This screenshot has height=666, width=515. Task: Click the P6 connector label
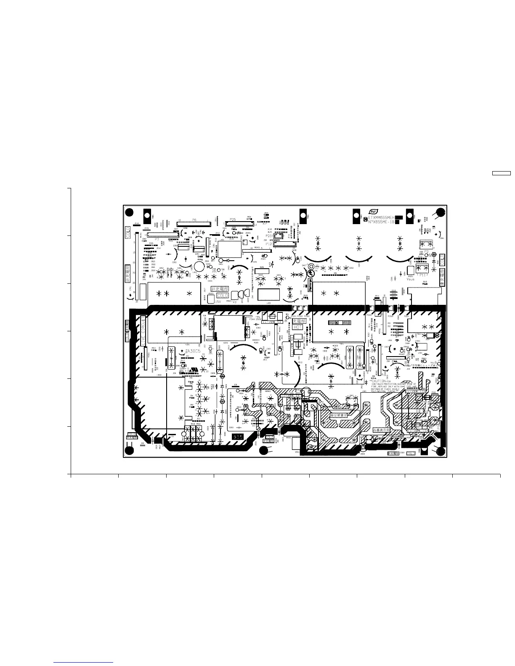click(194, 220)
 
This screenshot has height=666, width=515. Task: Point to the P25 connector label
click(233, 220)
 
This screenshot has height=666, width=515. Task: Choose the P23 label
click(269, 236)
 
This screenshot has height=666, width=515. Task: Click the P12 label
click(269, 243)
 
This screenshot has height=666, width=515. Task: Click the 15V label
click(218, 301)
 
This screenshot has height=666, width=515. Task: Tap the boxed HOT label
click(297, 327)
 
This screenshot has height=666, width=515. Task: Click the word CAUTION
click(379, 381)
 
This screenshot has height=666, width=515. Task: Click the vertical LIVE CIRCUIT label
click(143, 331)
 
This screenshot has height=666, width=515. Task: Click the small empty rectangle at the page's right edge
click(502, 173)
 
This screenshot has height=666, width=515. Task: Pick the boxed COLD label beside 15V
click(223, 296)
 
